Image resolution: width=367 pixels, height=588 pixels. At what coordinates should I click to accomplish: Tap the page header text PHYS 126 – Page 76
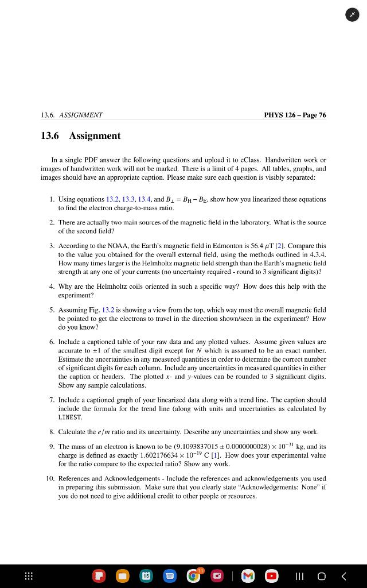tap(295, 115)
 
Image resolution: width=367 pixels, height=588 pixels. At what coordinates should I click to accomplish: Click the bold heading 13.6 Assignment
tap(81, 136)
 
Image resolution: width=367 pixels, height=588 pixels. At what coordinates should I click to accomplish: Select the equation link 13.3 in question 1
tap(130, 199)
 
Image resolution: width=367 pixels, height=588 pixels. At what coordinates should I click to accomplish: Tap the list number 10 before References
tap(50, 478)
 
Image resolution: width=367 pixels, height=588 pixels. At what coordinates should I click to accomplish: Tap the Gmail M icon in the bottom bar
tap(248, 575)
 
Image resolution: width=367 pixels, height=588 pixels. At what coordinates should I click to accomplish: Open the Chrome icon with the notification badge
tap(194, 575)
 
